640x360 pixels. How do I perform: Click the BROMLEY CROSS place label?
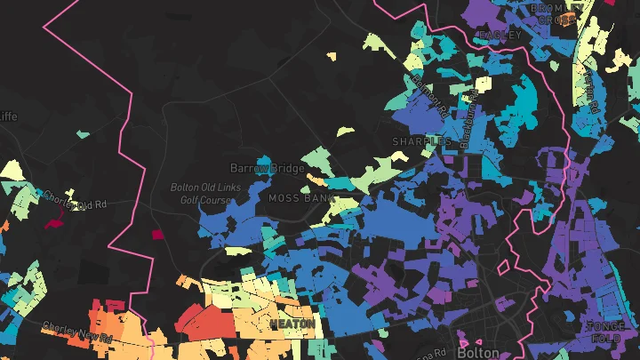tap(556, 13)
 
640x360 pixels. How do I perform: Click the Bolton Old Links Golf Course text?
tap(201, 194)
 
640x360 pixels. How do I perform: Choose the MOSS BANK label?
tap(296, 198)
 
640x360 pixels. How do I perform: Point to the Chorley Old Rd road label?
tap(75, 200)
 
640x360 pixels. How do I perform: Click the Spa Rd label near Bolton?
tap(428, 351)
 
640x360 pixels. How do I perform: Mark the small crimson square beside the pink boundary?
tap(158, 235)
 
